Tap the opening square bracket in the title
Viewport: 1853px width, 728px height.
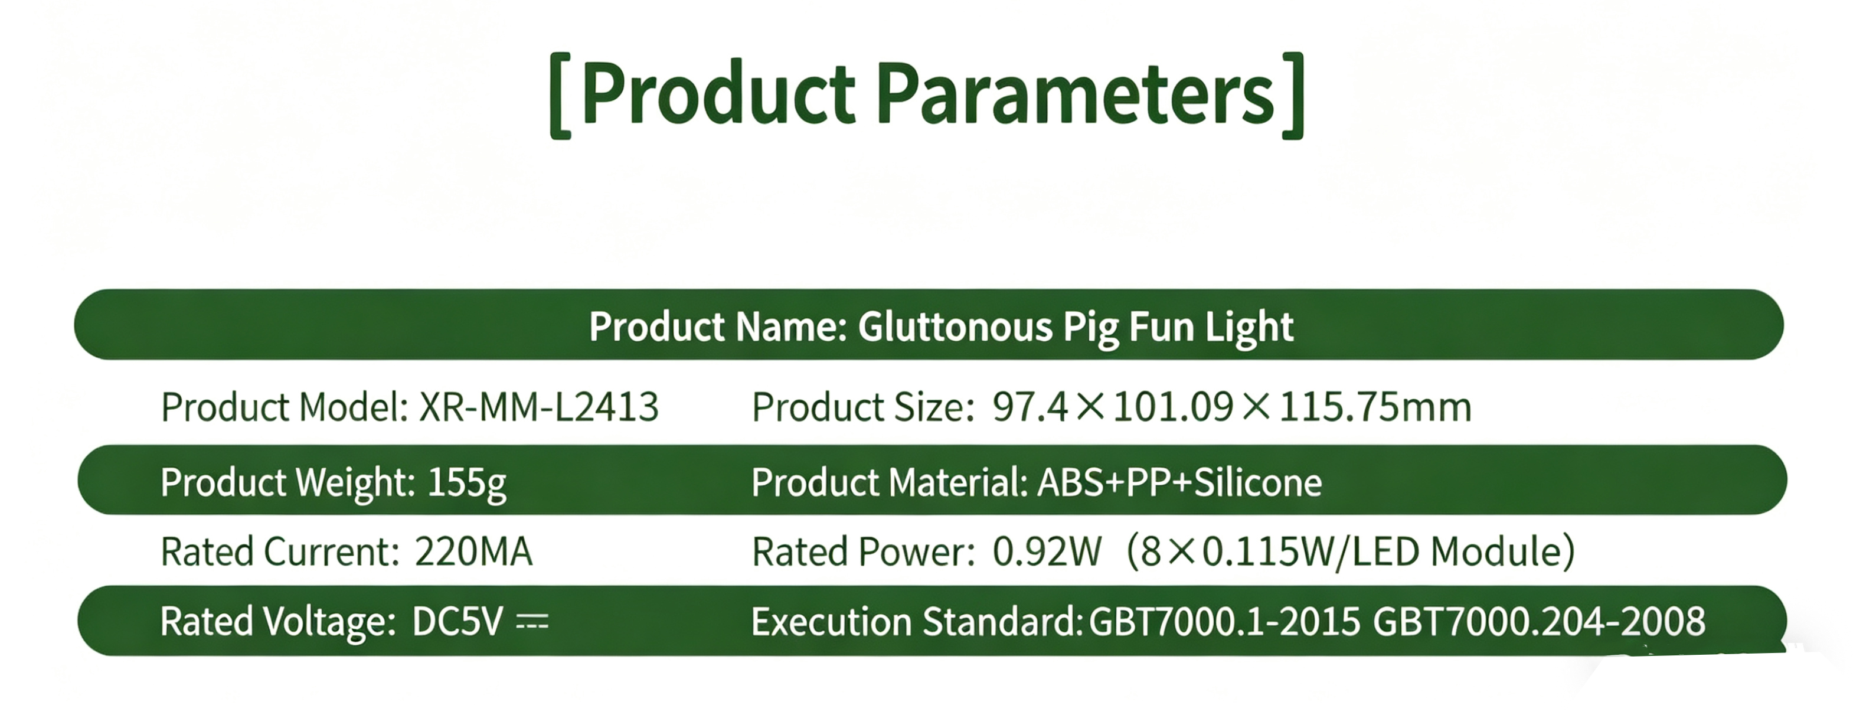click(x=560, y=96)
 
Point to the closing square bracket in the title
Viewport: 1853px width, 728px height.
click(x=1293, y=96)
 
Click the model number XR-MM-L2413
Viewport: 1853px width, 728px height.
click(x=539, y=407)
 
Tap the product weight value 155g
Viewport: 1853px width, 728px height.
click(x=467, y=484)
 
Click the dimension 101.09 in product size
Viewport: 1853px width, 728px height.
click(x=1172, y=407)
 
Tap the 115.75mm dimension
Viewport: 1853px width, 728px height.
click(x=1375, y=407)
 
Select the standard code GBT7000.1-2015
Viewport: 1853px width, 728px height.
click(x=1224, y=622)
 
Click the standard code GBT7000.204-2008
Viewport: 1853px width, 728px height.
click(x=1538, y=622)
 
